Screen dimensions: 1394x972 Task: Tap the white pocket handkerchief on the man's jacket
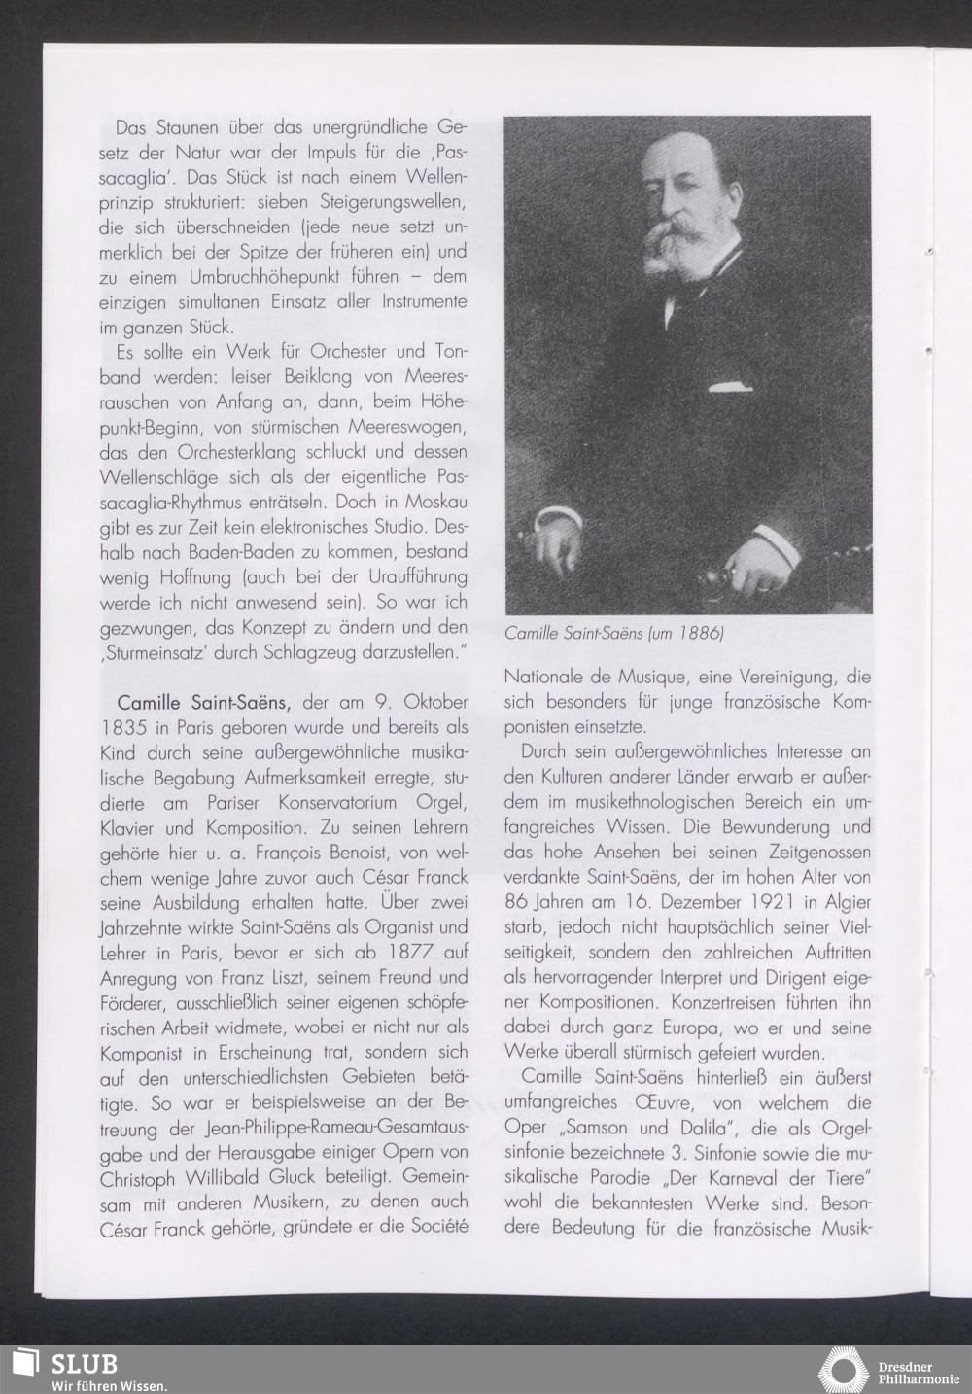(x=731, y=386)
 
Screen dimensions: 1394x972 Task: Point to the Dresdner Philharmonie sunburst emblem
(x=843, y=1370)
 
